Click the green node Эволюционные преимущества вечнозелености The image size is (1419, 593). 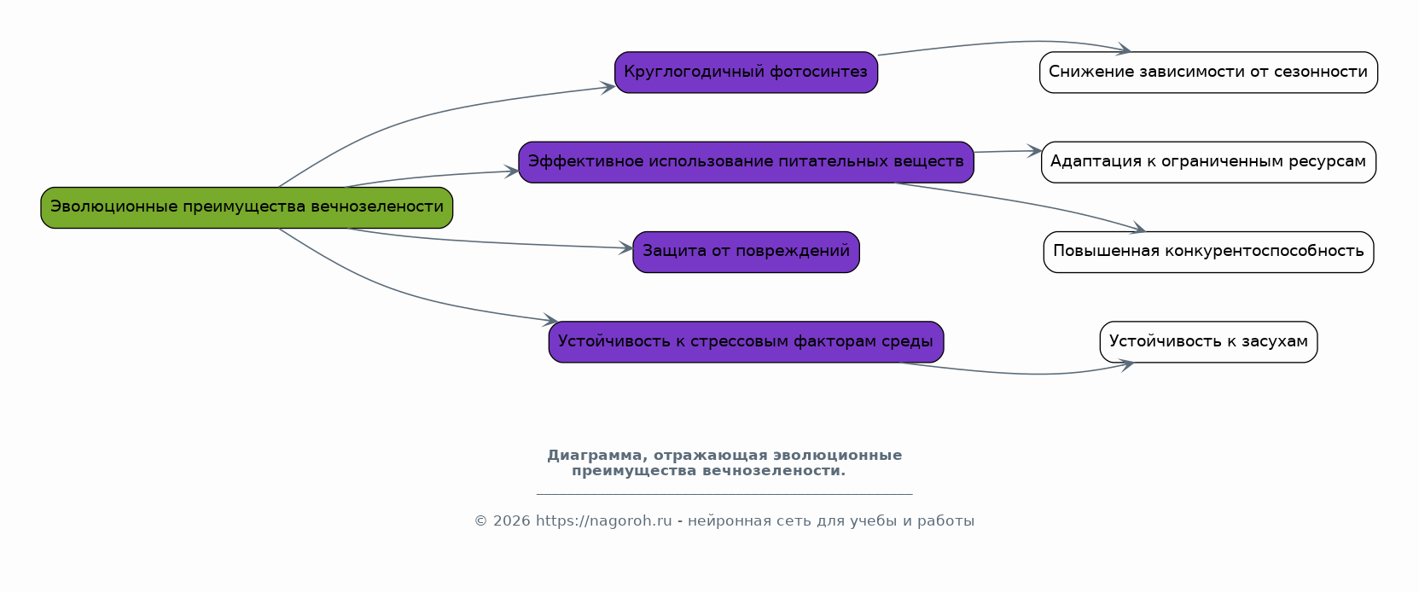247,207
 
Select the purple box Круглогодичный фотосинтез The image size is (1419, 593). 746,73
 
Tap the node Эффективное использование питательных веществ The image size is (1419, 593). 746,162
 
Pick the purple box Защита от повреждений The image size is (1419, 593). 746,252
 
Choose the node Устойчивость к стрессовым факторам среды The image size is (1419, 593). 746,341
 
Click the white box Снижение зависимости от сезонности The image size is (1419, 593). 1208,73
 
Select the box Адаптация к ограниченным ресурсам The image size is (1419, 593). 1208,162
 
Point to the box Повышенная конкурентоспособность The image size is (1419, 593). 1208,252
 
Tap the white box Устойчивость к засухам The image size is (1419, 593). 1208,341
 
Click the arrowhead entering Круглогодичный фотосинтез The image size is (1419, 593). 608,87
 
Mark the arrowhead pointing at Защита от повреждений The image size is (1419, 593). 626,247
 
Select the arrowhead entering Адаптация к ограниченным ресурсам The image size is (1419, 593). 1034,151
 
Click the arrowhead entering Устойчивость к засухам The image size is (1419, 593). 1126,364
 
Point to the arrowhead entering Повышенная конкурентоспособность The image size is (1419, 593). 1137,228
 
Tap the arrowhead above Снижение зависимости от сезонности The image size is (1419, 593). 1123,49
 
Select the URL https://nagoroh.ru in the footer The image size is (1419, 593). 604,520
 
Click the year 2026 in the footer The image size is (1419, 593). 511,520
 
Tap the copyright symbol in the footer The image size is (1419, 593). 480,520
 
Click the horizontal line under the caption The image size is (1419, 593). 724,493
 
